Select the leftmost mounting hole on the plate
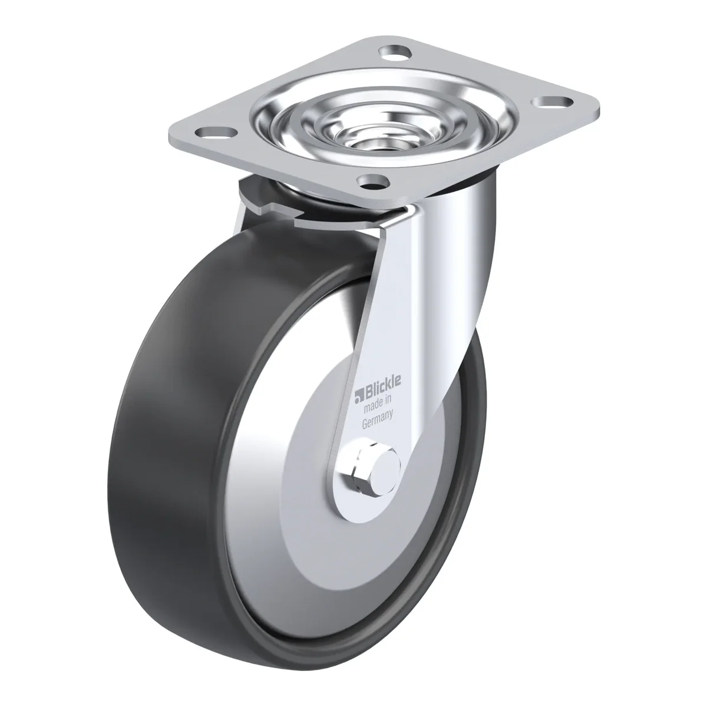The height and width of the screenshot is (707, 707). (x=214, y=132)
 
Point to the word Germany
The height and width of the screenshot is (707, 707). (x=378, y=419)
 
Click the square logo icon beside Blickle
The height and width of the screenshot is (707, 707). (x=358, y=397)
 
